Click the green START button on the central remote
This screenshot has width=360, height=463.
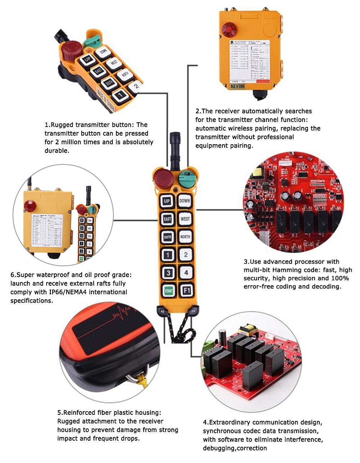(168, 290)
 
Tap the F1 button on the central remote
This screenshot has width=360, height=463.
(186, 290)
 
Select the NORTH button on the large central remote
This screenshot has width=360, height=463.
(185, 237)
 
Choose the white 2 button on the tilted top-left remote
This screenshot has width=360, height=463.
(135, 86)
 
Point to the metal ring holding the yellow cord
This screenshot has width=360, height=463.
(134, 378)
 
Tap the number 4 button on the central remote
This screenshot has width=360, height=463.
(186, 272)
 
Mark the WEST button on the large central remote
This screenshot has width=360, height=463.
(185, 219)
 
